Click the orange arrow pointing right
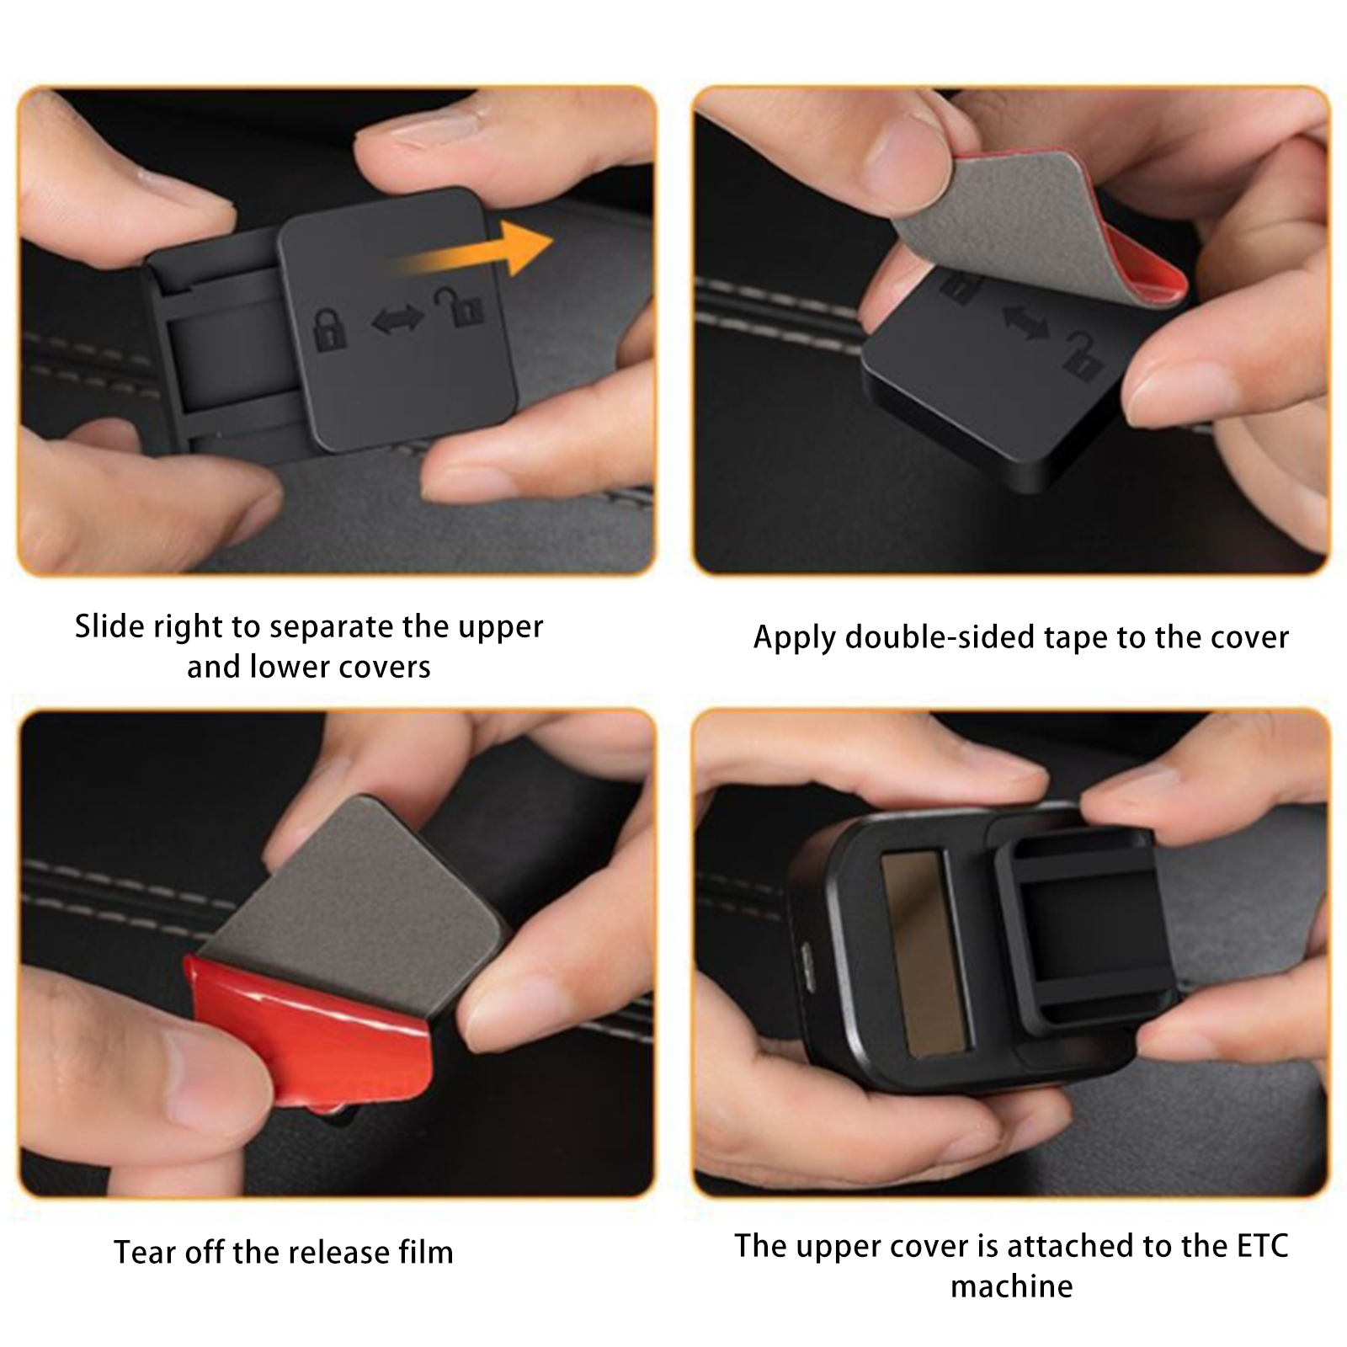[471, 250]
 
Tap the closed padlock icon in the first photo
[330, 329]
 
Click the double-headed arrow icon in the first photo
[398, 319]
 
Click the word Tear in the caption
[146, 1253]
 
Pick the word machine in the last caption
[1012, 1286]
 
